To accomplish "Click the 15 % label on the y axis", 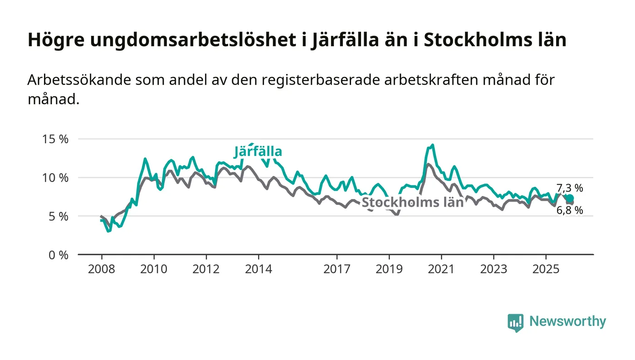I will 56,139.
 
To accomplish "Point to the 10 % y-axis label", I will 56,178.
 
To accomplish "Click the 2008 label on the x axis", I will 101,269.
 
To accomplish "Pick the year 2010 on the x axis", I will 153,269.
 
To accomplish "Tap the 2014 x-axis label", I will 258,269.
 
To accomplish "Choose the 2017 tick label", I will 337,269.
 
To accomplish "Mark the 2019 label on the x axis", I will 389,269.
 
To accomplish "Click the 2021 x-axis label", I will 441,269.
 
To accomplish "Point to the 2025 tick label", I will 546,269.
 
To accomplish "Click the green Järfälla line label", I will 258,152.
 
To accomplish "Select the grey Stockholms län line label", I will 412,202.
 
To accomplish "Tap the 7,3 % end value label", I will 570,188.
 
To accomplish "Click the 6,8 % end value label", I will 570,210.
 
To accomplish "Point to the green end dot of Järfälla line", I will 570,198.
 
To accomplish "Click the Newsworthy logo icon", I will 515,322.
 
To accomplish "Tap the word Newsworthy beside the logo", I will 567,321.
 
